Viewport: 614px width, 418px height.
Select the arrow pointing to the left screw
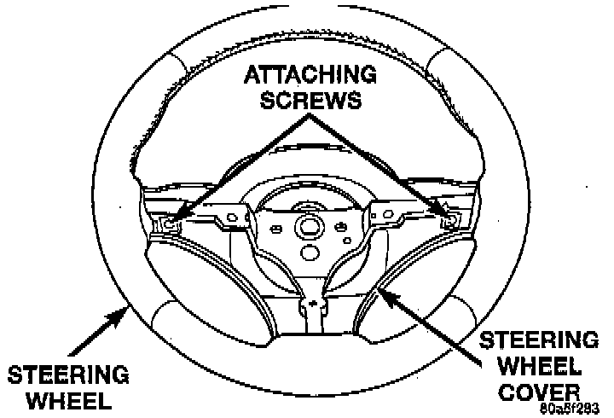click(x=230, y=165)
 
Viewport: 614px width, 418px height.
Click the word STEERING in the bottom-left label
click(x=68, y=374)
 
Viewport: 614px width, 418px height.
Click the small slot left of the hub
click(x=275, y=229)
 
